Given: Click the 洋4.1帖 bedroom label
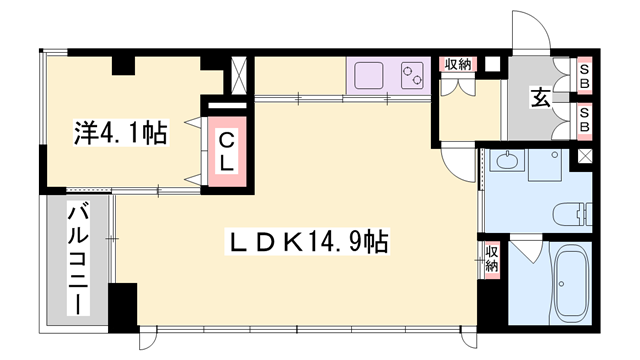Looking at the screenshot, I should pos(120,131).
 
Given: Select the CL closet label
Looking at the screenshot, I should pos(227,150).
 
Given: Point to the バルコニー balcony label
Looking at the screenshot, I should pos(77,257).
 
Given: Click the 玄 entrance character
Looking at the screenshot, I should pos(540,98).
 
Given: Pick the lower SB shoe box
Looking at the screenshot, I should pos(583,125).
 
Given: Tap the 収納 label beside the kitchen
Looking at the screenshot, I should pos(458,65).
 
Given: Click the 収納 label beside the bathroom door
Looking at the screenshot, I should pos(491,258).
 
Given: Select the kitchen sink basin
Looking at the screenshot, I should pos(368,77).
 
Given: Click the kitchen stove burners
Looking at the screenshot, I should pos(412,77).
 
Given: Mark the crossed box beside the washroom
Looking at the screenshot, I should pos(583,156).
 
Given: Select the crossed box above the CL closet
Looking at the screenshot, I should pos(241,74).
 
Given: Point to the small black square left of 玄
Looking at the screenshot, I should pos(491,64).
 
